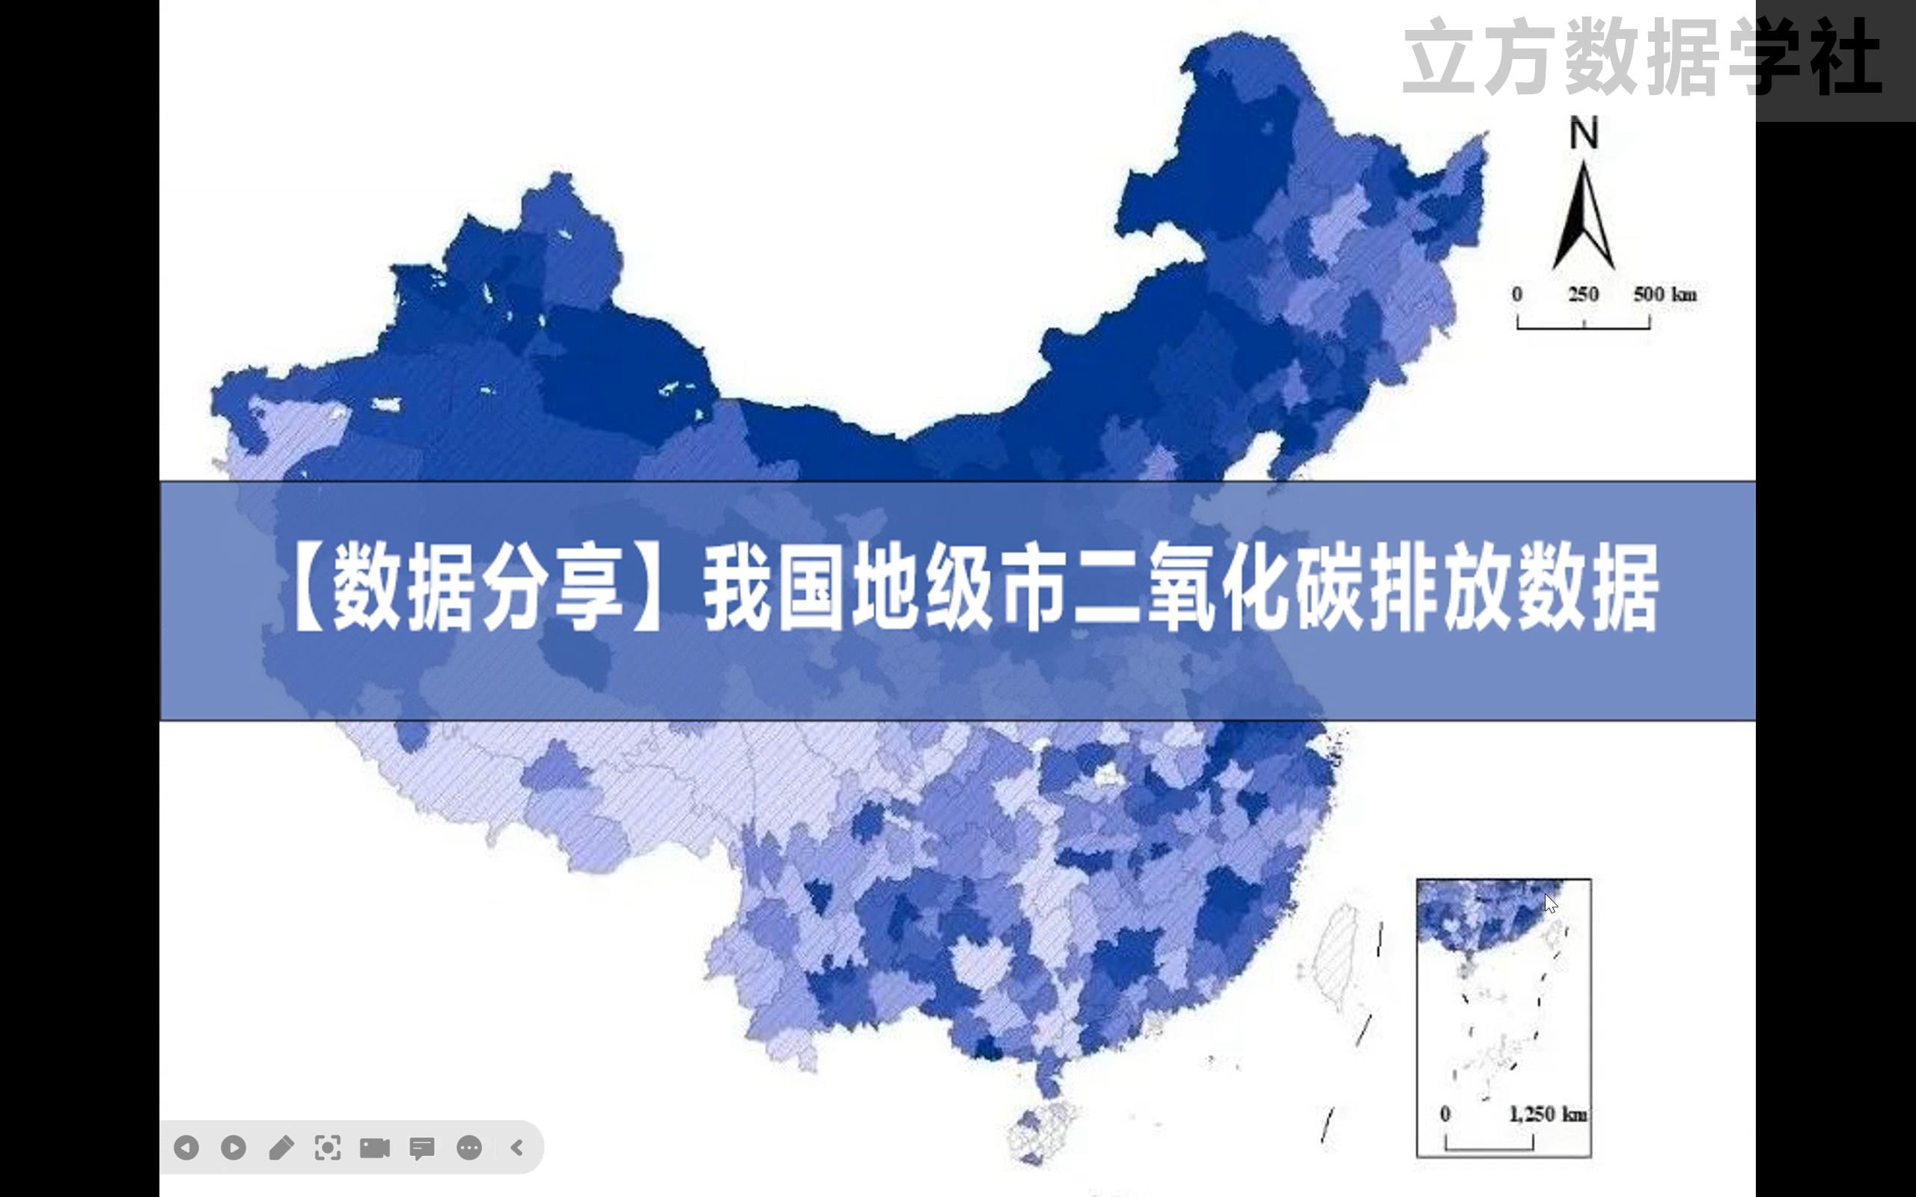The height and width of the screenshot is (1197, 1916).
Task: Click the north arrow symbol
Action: click(1584, 218)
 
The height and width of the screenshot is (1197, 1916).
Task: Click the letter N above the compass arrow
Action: click(1584, 133)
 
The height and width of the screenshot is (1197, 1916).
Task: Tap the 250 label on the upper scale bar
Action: click(1583, 295)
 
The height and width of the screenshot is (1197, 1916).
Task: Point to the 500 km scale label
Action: click(1665, 295)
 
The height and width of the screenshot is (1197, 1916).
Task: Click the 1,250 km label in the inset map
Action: click(1548, 1115)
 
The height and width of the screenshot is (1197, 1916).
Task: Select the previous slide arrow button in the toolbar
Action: click(186, 1147)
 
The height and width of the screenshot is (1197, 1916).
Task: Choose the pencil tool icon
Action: click(281, 1147)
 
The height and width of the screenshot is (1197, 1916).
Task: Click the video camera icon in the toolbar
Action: click(374, 1147)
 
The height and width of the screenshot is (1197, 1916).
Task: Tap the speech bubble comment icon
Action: click(422, 1147)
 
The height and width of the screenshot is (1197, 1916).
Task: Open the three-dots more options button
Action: click(469, 1147)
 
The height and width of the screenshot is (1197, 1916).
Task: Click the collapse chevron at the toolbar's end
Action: click(517, 1147)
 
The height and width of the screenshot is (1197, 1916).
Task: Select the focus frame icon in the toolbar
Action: click(328, 1147)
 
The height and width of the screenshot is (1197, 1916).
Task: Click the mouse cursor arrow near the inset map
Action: click(1550, 903)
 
